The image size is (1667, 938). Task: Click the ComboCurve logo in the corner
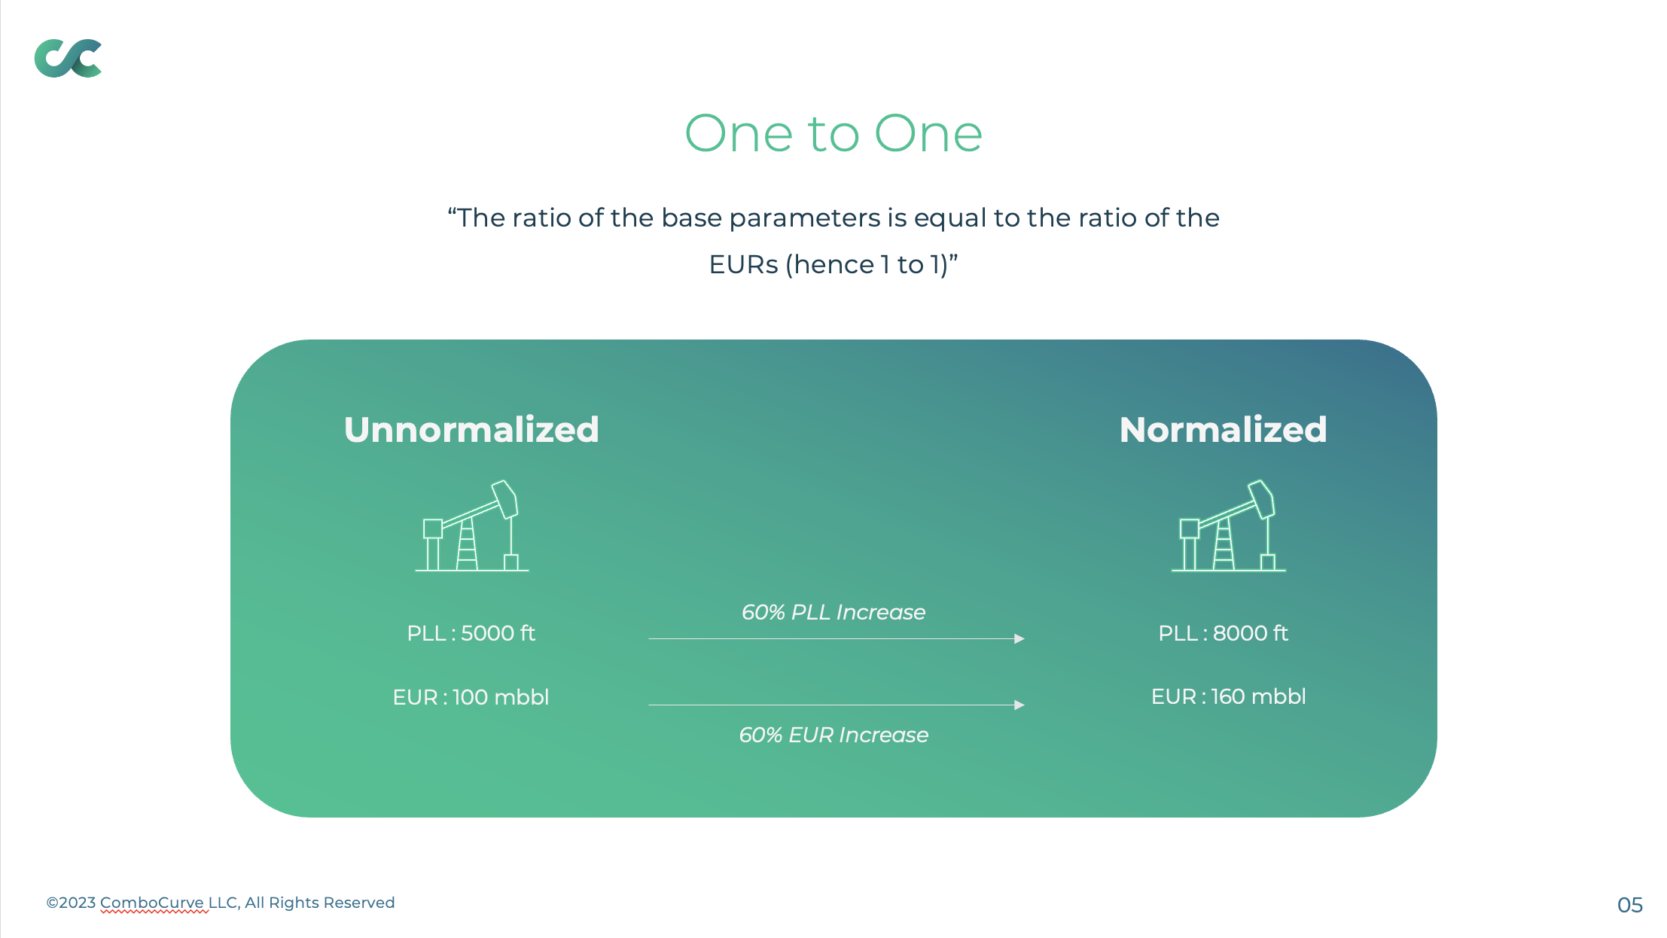click(68, 58)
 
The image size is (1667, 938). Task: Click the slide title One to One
click(833, 134)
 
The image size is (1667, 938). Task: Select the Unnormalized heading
click(471, 430)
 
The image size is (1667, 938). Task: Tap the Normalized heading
click(1223, 430)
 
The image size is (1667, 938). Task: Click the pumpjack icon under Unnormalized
click(472, 526)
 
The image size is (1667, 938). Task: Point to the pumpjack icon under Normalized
click(1228, 526)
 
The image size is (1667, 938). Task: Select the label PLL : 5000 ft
click(471, 633)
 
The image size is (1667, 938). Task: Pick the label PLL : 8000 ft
click(1223, 633)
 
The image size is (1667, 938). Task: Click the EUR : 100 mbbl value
click(471, 697)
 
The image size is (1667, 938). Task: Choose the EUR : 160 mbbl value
click(1228, 696)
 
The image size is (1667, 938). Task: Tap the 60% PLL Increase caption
click(833, 612)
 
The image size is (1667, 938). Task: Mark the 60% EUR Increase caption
click(833, 735)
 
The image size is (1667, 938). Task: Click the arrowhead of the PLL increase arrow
click(1019, 638)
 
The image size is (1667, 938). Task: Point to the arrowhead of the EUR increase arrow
click(1019, 705)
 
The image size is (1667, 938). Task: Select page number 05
click(1630, 905)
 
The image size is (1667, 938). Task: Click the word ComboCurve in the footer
click(152, 903)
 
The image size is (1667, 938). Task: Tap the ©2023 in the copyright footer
click(71, 903)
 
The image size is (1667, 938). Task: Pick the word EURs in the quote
click(743, 265)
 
